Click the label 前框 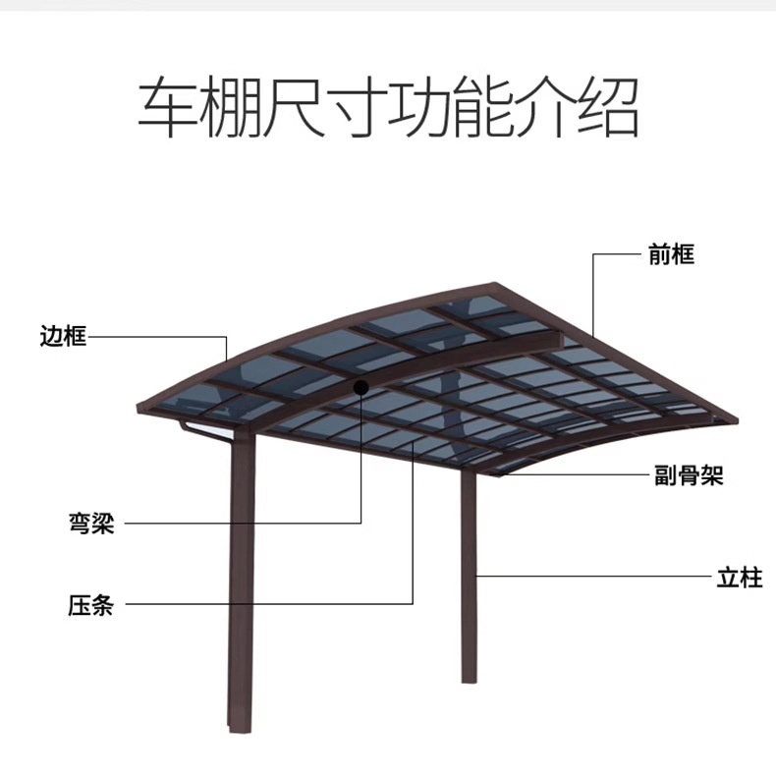[671, 254]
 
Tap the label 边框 [64, 337]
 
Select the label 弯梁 [90, 524]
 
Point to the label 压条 [90, 604]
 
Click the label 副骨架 [689, 476]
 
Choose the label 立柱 [739, 577]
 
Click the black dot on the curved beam [361, 388]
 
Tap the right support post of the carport [470, 580]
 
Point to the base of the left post [241, 724]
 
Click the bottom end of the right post [470, 678]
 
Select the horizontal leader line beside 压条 [265, 604]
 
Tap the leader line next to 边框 [157, 337]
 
